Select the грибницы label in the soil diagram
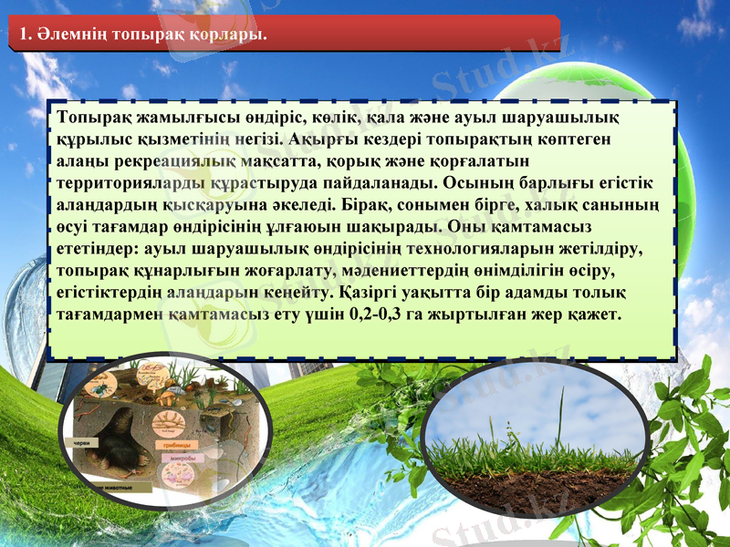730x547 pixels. click(180, 444)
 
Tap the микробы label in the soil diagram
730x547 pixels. click(183, 458)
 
